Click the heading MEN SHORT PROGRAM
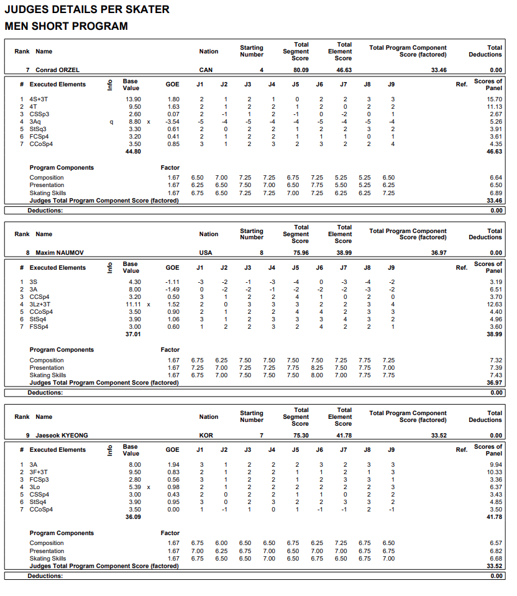[66, 26]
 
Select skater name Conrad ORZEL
[57, 70]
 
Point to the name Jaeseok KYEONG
[61, 436]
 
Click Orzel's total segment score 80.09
[301, 70]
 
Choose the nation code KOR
[206, 436]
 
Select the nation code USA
[206, 253]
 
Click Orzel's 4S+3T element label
[39, 99]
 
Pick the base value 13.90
[133, 99]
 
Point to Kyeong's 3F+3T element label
[39, 472]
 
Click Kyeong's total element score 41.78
[344, 436]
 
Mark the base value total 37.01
[133, 334]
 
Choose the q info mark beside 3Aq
[111, 122]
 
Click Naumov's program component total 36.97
[438, 253]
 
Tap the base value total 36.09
[133, 517]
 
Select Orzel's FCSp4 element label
[38, 137]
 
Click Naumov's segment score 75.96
[301, 253]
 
